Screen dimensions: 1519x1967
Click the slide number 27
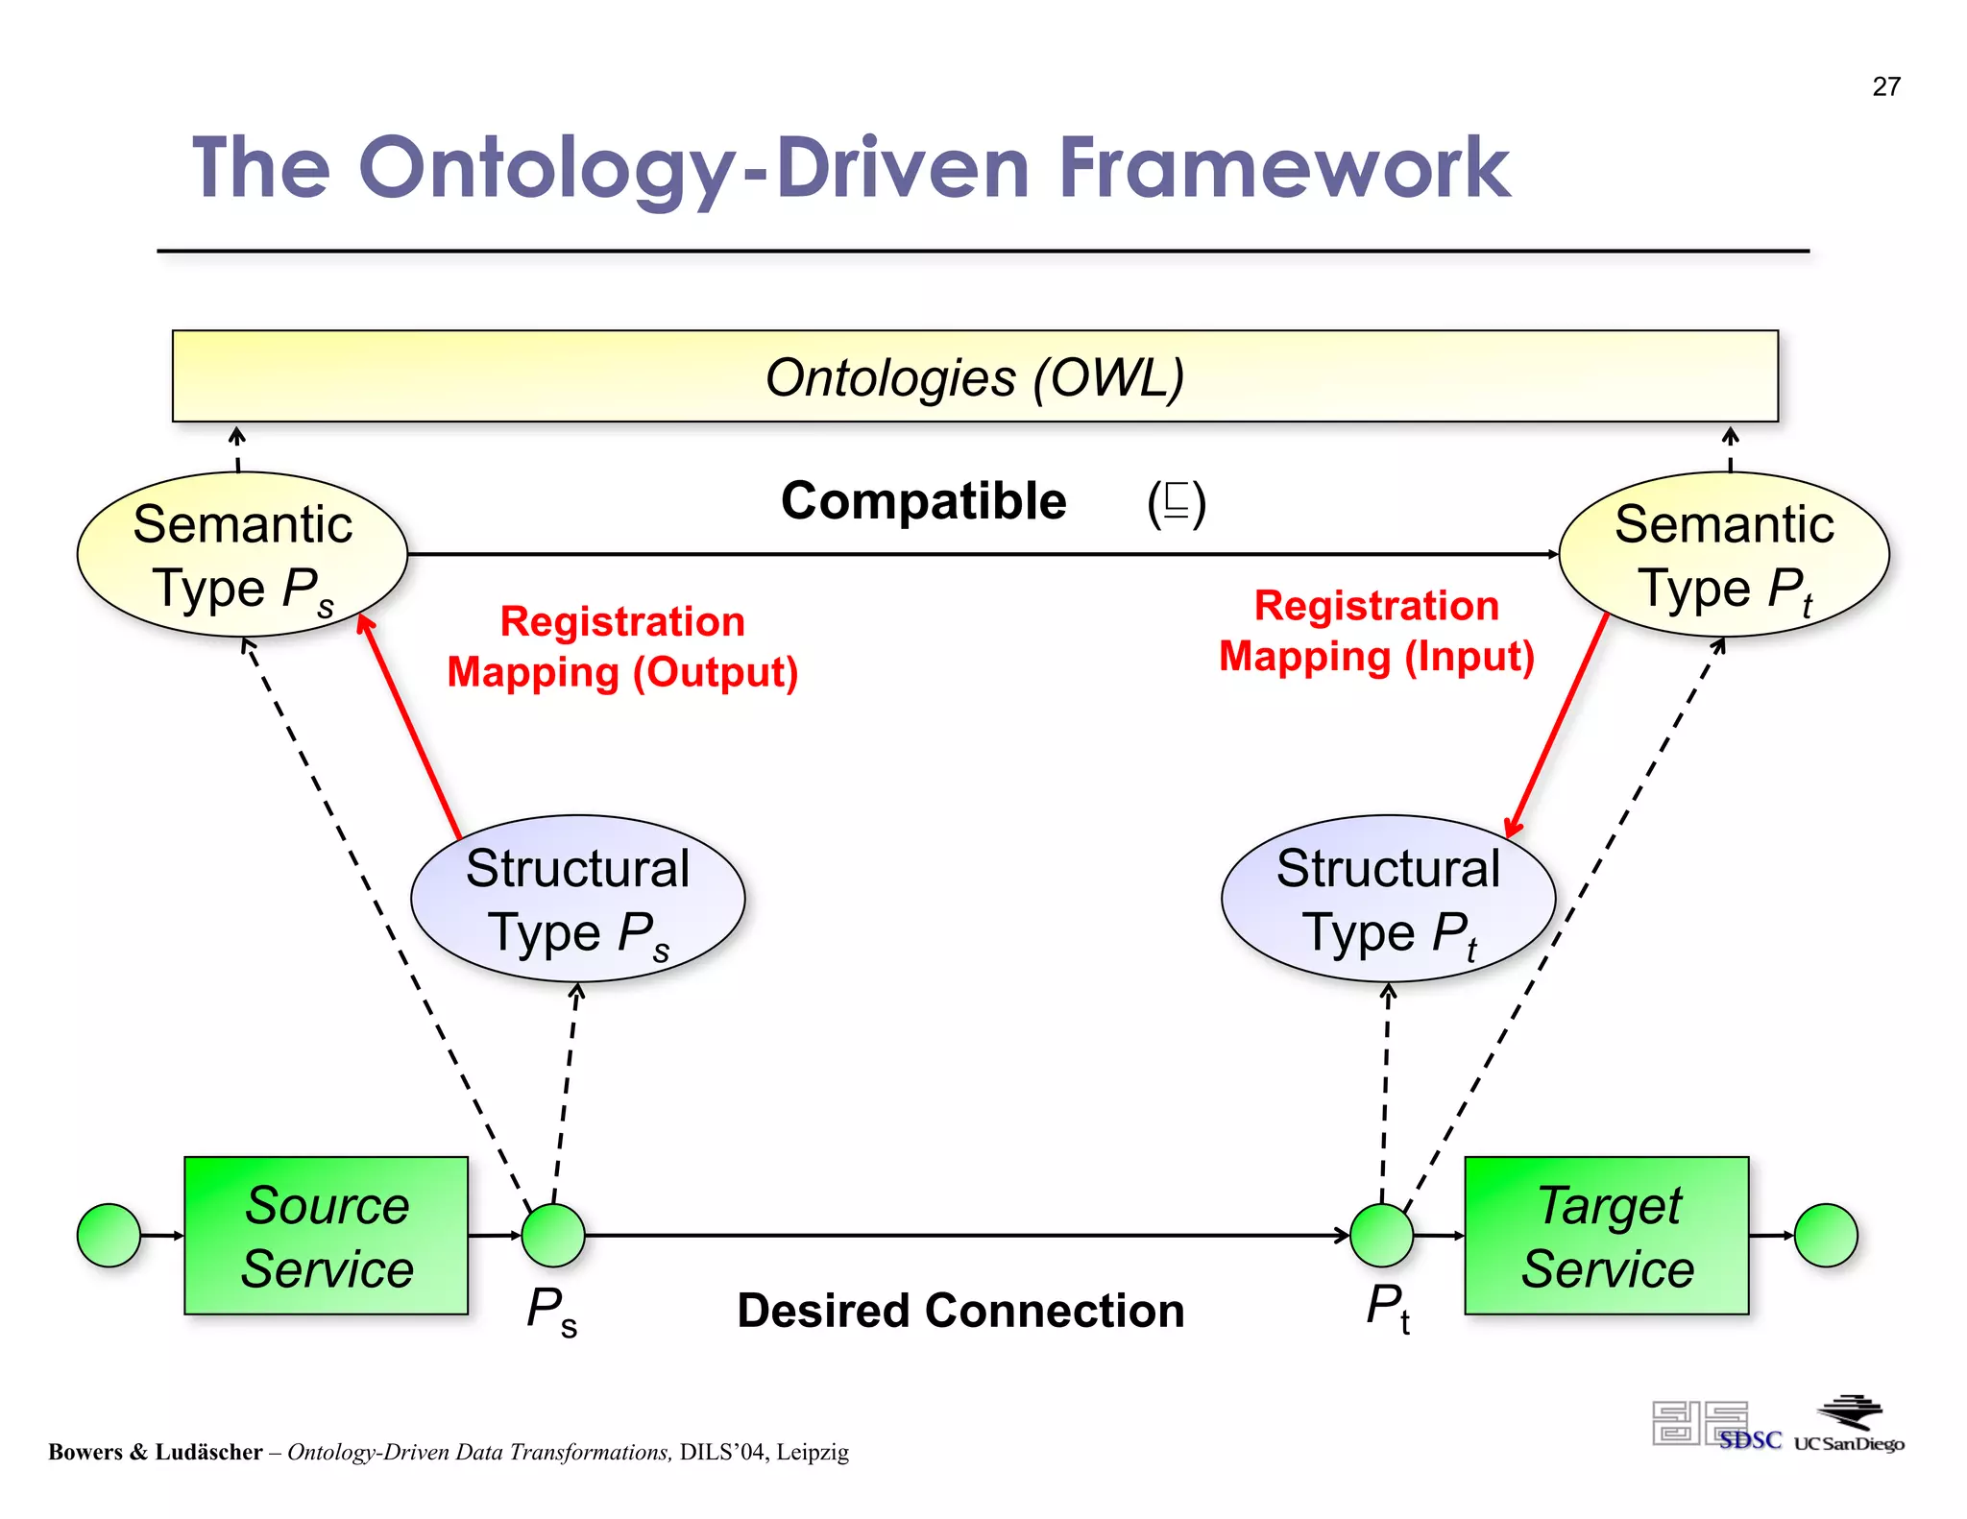click(1885, 86)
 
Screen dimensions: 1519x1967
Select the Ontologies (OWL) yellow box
click(974, 376)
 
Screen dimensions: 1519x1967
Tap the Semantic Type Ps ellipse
click(242, 554)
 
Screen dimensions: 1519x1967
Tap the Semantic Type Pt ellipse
click(1723, 554)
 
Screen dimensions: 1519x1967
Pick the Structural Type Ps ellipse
click(577, 898)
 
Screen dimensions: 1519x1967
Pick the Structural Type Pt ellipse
click(1387, 898)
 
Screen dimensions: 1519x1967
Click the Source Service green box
click(326, 1236)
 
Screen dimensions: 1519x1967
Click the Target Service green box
click(1606, 1236)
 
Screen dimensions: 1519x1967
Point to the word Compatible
click(923, 501)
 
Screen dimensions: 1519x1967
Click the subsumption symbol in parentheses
click(1176, 502)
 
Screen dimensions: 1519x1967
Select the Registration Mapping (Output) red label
click(622, 646)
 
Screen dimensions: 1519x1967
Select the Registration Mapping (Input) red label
click(1376, 631)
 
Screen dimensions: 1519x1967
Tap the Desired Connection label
click(960, 1311)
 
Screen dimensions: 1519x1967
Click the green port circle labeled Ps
click(553, 1235)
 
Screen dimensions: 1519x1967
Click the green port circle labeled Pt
click(1381, 1235)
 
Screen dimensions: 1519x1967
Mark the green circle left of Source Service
click(109, 1235)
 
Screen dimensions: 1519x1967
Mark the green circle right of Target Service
click(1825, 1235)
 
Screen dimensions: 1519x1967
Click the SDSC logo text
click(1750, 1440)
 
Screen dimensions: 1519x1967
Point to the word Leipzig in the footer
click(813, 1452)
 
